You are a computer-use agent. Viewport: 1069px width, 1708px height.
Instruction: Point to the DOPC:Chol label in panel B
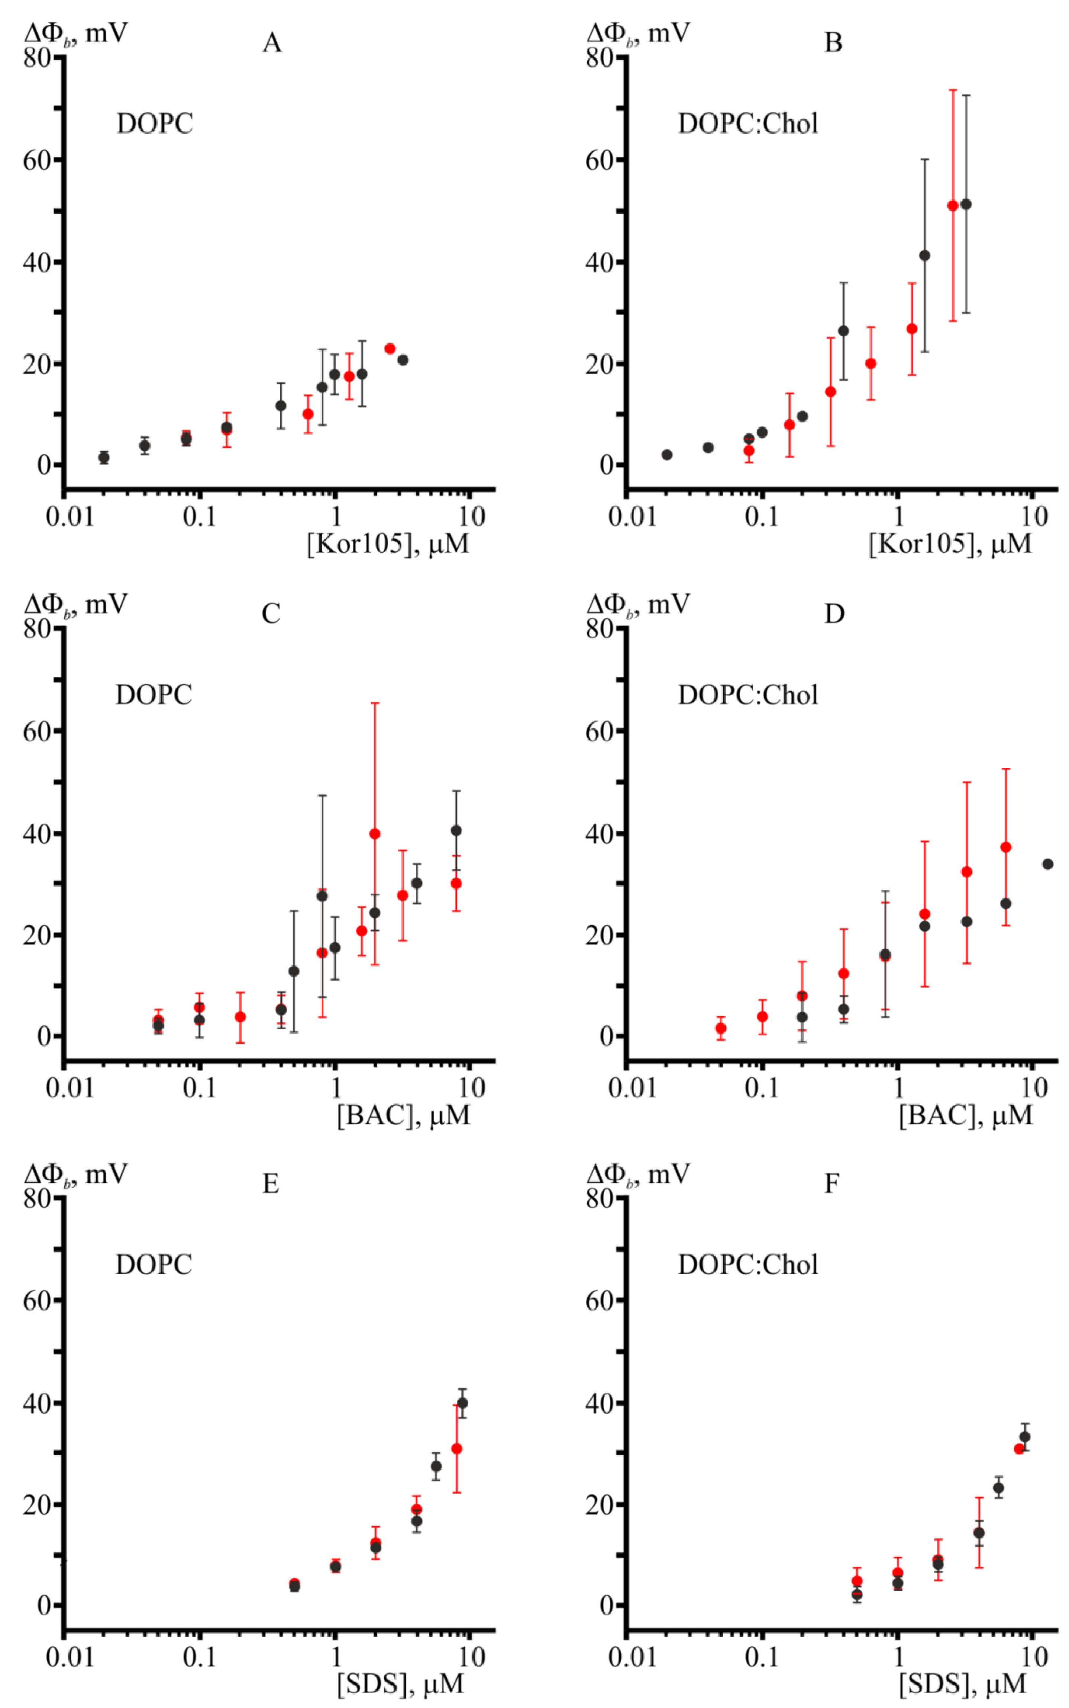(x=747, y=124)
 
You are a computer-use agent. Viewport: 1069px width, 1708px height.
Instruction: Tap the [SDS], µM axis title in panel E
(x=400, y=1685)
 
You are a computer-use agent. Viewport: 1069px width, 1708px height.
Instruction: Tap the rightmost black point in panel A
(x=403, y=360)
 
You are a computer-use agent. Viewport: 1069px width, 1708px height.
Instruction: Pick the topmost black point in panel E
(x=462, y=1403)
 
